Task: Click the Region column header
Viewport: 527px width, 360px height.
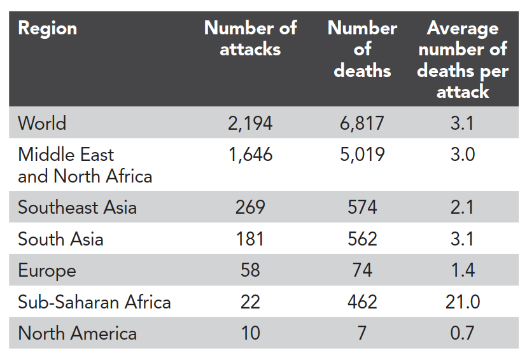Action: tap(47, 29)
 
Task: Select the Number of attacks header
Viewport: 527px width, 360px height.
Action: tap(250, 39)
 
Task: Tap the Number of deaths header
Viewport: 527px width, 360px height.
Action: tap(362, 50)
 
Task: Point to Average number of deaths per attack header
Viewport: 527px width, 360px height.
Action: tap(462, 60)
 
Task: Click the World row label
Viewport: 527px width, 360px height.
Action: tap(42, 123)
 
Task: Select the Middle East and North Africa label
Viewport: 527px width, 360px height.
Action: tap(85, 165)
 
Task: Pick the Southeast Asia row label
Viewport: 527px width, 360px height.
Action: tap(77, 207)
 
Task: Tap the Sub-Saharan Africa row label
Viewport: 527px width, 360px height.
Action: tap(94, 301)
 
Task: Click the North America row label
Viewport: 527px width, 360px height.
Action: tap(77, 333)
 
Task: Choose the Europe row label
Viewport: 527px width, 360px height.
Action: tap(47, 270)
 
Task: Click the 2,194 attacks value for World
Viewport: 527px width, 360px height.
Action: tap(250, 123)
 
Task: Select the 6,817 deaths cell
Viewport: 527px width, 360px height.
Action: tap(362, 123)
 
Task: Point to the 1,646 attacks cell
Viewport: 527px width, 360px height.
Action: tap(250, 155)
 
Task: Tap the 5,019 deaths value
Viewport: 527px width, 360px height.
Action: tap(362, 155)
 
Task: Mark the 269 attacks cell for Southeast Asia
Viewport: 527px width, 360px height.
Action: tap(250, 207)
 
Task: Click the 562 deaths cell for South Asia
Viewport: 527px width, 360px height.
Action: tap(362, 239)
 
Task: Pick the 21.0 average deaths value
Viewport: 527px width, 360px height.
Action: tap(462, 301)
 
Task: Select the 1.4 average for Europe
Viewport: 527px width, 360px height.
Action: tap(462, 270)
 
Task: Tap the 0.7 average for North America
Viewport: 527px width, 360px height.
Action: tap(462, 333)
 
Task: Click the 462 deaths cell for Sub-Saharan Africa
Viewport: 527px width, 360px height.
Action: tap(362, 301)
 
